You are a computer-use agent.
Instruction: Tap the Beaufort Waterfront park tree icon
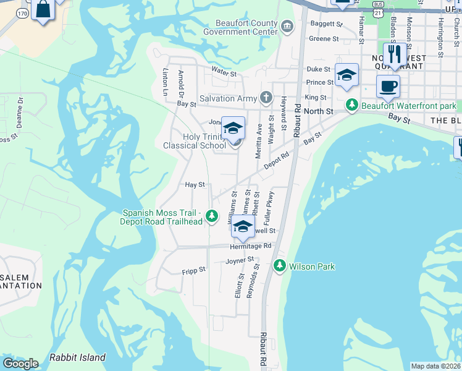pyautogui.click(x=351, y=106)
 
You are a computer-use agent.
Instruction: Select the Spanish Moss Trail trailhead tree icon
pyautogui.click(x=212, y=216)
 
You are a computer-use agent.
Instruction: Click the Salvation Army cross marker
pyautogui.click(x=266, y=98)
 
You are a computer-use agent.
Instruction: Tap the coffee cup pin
pyautogui.click(x=388, y=87)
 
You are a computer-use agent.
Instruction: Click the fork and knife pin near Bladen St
pyautogui.click(x=393, y=53)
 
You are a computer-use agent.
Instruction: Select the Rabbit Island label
pyautogui.click(x=77, y=357)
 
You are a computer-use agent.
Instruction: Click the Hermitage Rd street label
pyautogui.click(x=251, y=245)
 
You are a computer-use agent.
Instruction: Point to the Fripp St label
pyautogui.click(x=193, y=270)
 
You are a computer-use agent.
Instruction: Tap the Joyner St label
pyautogui.click(x=240, y=261)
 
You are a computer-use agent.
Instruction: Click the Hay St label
pyautogui.click(x=195, y=184)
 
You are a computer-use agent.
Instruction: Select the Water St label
pyautogui.click(x=224, y=73)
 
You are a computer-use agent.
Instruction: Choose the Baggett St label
pyautogui.click(x=326, y=24)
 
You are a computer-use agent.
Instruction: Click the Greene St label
pyautogui.click(x=324, y=38)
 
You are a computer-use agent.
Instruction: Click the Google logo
pyautogui.click(x=21, y=363)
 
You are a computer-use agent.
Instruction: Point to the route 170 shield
pyautogui.click(x=23, y=12)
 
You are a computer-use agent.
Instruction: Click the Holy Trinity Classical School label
pyautogui.click(x=195, y=141)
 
